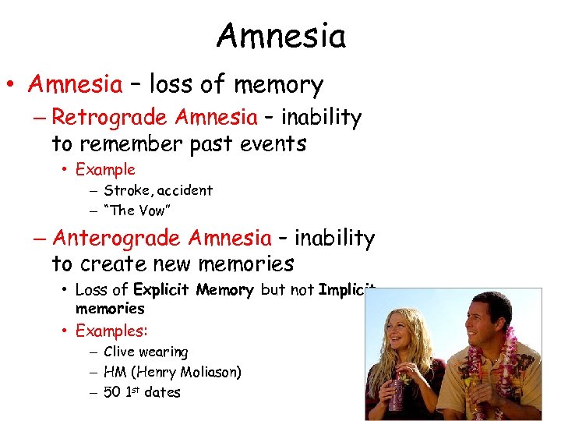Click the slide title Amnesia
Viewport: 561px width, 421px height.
pyautogui.click(x=280, y=35)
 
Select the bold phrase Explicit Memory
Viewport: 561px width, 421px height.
pyautogui.click(x=194, y=290)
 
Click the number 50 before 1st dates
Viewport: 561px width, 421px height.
pyautogui.click(x=112, y=392)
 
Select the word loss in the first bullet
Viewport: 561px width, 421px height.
pyautogui.click(x=173, y=83)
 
